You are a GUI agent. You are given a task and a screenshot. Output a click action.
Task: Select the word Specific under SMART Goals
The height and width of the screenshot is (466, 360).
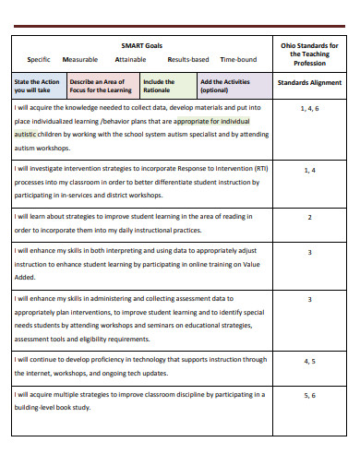(x=39, y=59)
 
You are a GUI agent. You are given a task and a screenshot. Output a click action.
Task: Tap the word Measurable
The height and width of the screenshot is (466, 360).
(x=79, y=59)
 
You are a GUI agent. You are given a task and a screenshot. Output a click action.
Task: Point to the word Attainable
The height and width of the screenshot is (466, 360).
(x=130, y=59)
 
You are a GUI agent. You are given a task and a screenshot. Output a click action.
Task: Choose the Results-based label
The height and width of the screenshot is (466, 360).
(x=187, y=59)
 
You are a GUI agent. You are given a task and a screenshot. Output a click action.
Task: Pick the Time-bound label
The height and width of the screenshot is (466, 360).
(x=239, y=59)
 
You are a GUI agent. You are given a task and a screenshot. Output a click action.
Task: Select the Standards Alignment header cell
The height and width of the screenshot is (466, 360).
(x=310, y=83)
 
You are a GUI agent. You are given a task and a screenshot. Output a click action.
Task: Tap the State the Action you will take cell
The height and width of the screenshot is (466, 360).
(x=37, y=87)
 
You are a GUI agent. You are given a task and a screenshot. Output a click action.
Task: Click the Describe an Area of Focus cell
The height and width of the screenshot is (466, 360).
(x=100, y=87)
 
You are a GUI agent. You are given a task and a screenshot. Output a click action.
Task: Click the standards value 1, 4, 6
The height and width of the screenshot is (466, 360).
(x=310, y=108)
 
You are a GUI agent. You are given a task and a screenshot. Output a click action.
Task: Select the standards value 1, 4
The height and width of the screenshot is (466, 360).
(x=310, y=170)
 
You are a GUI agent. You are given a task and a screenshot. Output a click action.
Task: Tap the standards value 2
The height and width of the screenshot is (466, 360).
(x=310, y=218)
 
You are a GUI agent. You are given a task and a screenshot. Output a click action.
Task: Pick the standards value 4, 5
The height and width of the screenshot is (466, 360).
(x=310, y=361)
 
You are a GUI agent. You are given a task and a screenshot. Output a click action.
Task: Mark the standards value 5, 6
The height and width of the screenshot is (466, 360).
(x=310, y=395)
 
